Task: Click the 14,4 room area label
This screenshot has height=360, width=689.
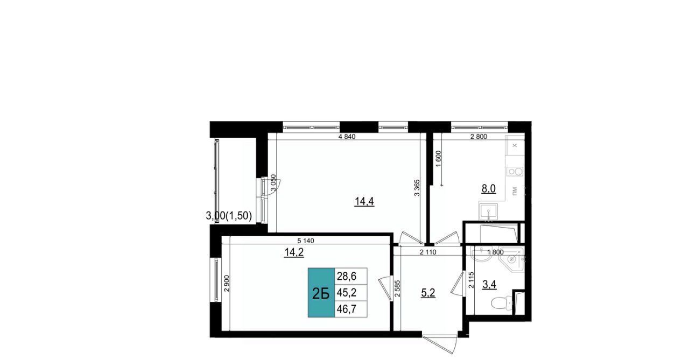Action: click(x=364, y=202)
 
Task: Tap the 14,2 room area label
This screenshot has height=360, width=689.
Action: click(x=294, y=252)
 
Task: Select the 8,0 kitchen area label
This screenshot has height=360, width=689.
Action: click(x=488, y=188)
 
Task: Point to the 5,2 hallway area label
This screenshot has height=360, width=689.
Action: click(x=428, y=293)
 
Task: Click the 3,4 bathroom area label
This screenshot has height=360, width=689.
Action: click(x=489, y=285)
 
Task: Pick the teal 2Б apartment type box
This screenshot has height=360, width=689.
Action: click(x=321, y=292)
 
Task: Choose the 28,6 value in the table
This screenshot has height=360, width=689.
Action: click(x=347, y=277)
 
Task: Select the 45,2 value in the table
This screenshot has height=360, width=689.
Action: click(x=347, y=292)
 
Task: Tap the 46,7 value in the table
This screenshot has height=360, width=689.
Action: click(x=347, y=309)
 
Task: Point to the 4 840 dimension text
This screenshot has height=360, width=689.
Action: click(x=347, y=137)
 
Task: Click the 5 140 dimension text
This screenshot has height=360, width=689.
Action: click(x=306, y=241)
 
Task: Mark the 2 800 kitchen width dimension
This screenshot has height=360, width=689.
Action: click(x=479, y=137)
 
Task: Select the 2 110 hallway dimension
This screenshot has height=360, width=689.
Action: click(x=428, y=252)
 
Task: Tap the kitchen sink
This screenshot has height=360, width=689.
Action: click(x=488, y=211)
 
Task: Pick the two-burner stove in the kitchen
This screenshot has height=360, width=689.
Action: click(x=515, y=172)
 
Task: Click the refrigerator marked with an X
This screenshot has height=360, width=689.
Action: click(x=515, y=145)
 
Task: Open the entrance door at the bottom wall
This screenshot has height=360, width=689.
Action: click(x=440, y=344)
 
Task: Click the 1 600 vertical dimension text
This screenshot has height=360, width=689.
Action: click(x=439, y=158)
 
